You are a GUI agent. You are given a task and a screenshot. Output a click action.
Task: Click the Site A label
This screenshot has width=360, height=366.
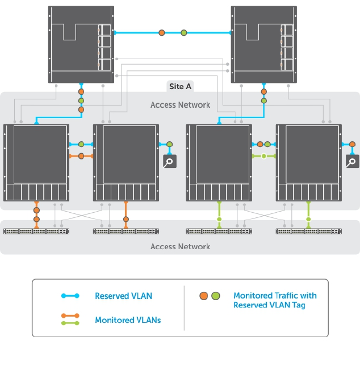180,86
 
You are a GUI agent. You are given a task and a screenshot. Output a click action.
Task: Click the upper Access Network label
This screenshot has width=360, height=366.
180,105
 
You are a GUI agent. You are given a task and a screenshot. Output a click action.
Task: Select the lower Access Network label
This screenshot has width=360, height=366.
180,246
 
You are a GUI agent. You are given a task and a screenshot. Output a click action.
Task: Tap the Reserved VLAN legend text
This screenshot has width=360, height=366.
123,296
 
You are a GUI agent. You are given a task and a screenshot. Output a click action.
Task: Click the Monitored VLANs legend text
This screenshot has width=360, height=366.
128,320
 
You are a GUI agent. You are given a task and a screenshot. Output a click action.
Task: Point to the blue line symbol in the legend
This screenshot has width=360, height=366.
70,296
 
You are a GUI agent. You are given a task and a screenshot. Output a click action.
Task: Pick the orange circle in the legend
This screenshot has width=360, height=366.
204,296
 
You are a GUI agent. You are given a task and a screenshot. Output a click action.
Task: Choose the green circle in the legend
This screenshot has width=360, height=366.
215,296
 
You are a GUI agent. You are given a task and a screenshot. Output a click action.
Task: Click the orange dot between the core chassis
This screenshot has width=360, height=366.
162,33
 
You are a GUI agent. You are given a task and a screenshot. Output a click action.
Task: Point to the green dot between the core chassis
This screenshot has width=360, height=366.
183,33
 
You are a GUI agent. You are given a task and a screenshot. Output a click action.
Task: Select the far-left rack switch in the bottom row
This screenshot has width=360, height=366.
36,231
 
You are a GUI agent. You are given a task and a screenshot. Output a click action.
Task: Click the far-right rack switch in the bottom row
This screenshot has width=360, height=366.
308,231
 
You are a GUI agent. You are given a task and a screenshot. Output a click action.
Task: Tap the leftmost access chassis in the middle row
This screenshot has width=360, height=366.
36,162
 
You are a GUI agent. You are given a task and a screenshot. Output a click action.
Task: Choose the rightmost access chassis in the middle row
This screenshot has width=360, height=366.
308,162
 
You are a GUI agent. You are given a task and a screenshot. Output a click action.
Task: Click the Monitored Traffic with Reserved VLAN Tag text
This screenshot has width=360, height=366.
275,300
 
